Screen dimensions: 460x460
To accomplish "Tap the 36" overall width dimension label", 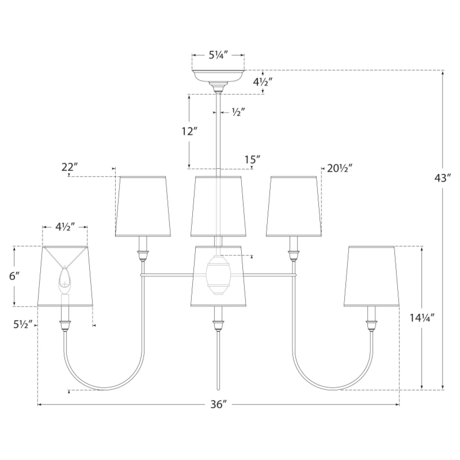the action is [x=218, y=404].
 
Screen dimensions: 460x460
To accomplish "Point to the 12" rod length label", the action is [x=190, y=131].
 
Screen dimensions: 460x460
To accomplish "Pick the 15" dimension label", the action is [x=252, y=159].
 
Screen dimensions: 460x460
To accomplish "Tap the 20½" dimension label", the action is [x=340, y=168].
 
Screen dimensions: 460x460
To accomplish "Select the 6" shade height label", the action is [x=14, y=276].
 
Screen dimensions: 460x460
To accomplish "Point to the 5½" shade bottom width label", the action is [x=23, y=324].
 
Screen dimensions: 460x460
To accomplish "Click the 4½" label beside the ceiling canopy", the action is [x=263, y=82].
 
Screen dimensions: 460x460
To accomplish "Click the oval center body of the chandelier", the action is [x=218, y=275].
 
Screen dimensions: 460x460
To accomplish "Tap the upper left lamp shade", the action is [x=143, y=207].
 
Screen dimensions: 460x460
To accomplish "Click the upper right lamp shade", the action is [x=294, y=207].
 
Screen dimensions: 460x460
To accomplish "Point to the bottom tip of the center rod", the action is [x=218, y=390].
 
